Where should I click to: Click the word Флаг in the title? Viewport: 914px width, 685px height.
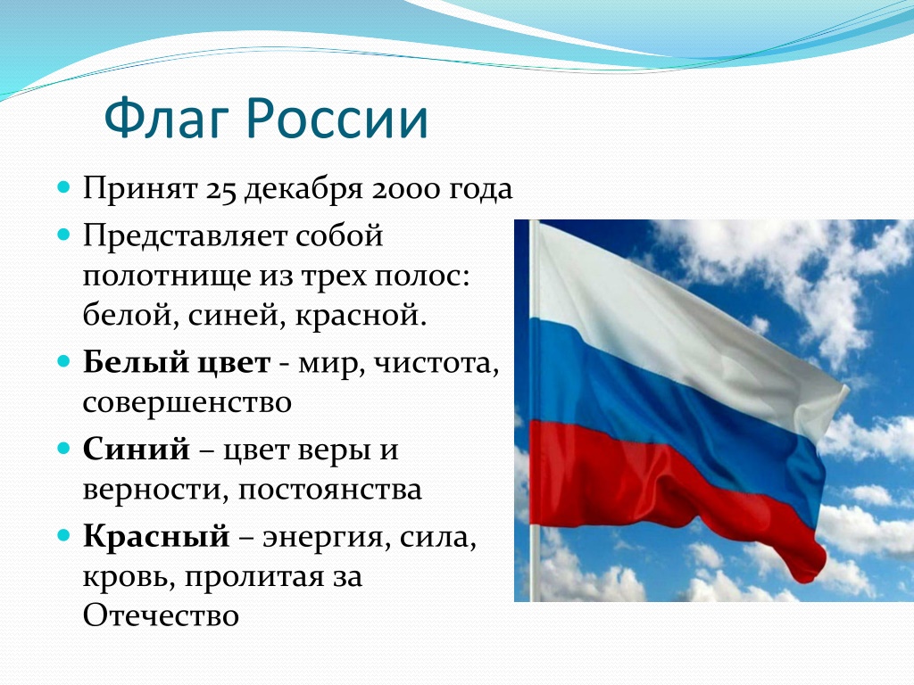pyautogui.click(x=167, y=119)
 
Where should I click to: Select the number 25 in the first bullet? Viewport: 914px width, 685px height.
pyautogui.click(x=220, y=189)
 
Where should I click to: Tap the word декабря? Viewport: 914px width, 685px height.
pyautogui.click(x=303, y=190)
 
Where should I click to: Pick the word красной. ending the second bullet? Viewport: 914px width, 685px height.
pyautogui.click(x=361, y=315)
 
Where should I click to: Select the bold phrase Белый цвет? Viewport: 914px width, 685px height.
pyautogui.click(x=177, y=362)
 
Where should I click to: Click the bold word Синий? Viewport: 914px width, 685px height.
pyautogui.click(x=137, y=449)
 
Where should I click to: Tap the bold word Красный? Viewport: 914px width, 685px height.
pyautogui.click(x=156, y=536)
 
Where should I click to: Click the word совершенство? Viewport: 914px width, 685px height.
pyautogui.click(x=187, y=402)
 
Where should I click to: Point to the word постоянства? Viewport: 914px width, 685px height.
pyautogui.click(x=330, y=490)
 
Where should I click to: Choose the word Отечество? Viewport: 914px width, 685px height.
pyautogui.click(x=161, y=615)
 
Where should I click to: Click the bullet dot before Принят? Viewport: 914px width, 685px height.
pyautogui.click(x=63, y=187)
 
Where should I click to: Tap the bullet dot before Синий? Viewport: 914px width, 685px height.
pyautogui.click(x=63, y=449)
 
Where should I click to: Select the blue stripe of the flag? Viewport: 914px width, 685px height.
pyautogui.click(x=670, y=402)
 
